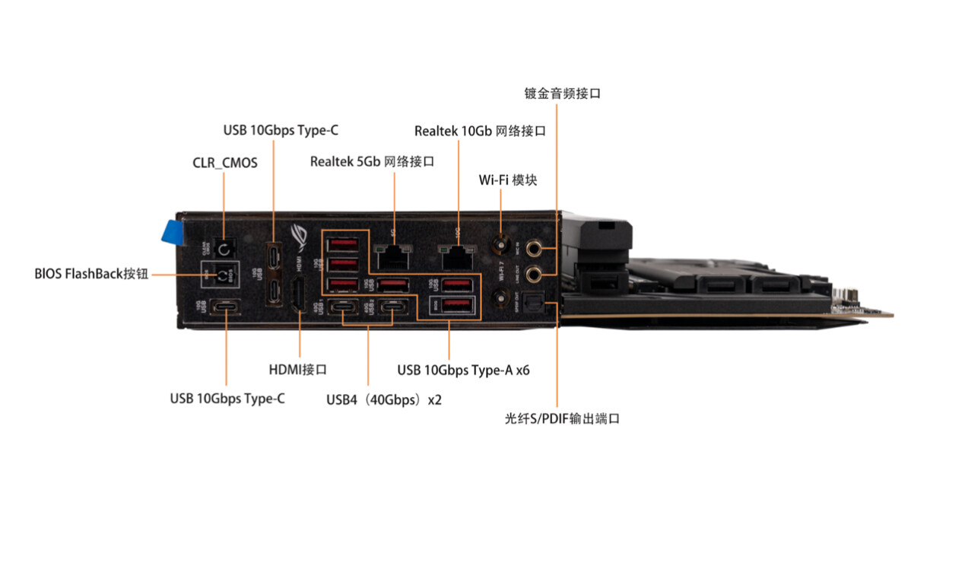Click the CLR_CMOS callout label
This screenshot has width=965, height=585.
(224, 163)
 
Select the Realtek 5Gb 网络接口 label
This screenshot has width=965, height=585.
(372, 161)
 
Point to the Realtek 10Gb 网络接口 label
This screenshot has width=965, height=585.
(480, 131)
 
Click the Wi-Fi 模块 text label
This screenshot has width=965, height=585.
(507, 180)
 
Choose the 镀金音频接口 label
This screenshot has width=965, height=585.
(563, 94)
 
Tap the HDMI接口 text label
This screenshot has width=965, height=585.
(297, 370)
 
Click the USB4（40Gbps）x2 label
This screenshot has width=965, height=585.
(383, 399)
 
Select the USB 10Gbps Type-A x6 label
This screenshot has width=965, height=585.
(463, 370)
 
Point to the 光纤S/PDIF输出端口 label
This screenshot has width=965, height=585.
(562, 418)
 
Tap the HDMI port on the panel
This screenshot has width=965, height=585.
(298, 297)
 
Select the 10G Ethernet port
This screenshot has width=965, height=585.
(456, 256)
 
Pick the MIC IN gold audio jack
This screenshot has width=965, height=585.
(535, 247)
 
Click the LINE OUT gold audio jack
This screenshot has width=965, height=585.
(535, 273)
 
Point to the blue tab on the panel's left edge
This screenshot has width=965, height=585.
(173, 233)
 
